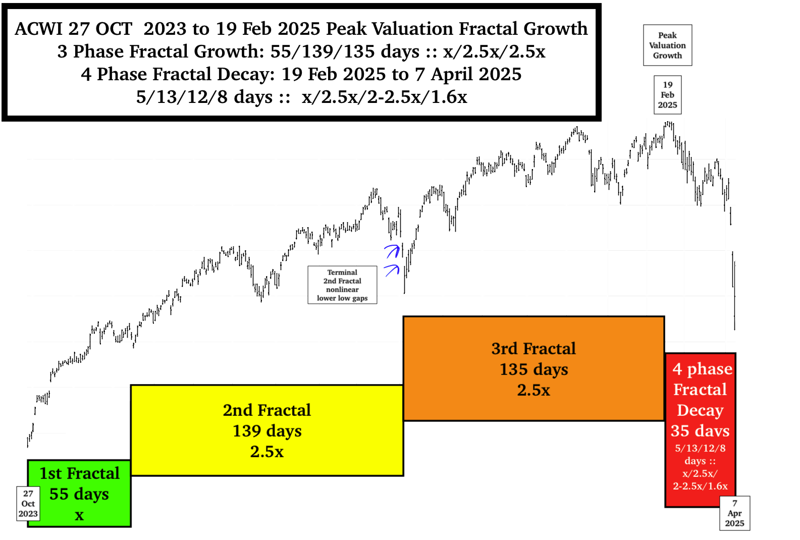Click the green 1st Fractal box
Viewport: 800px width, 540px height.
point(79,493)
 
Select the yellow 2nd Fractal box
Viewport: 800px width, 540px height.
point(267,430)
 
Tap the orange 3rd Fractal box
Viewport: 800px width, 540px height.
point(534,368)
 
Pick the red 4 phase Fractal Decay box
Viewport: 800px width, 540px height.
point(700,429)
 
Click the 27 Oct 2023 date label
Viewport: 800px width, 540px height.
point(28,504)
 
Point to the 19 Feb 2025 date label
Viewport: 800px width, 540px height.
point(667,95)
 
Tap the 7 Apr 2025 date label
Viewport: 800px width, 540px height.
point(734,513)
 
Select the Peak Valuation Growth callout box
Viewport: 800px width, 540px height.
point(667,45)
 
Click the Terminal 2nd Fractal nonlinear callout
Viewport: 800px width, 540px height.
point(342,285)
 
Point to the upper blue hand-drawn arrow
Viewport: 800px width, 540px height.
point(392,250)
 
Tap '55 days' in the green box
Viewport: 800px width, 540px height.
point(79,494)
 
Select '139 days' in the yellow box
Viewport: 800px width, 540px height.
point(267,431)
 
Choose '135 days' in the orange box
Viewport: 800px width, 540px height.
point(534,369)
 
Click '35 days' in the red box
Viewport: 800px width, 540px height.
point(700,430)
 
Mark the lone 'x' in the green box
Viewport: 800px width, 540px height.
point(79,515)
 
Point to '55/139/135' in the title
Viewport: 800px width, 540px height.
point(323,51)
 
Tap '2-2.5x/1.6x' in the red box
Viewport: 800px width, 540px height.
point(700,486)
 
